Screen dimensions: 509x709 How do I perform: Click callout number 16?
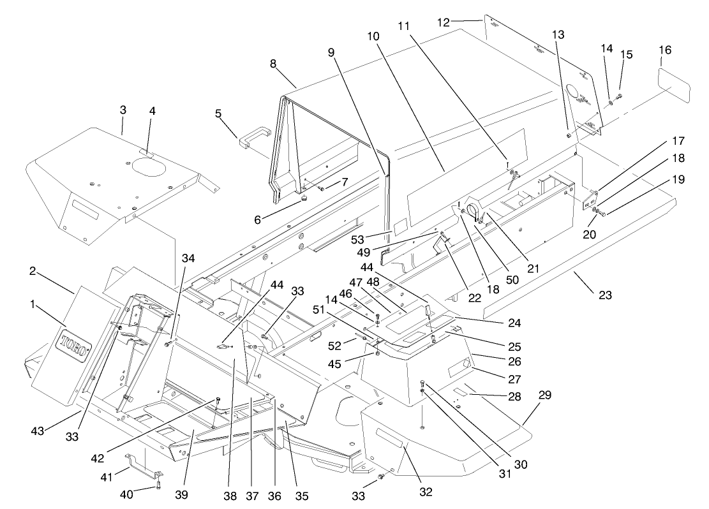click(666, 50)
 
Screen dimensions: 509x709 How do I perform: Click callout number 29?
click(544, 395)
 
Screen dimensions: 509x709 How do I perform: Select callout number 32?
click(426, 492)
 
